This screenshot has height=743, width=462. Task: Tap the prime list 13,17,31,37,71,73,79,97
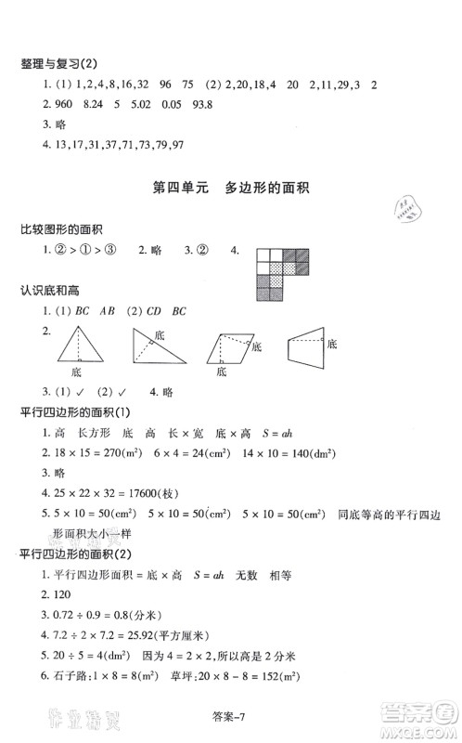click(x=113, y=145)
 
